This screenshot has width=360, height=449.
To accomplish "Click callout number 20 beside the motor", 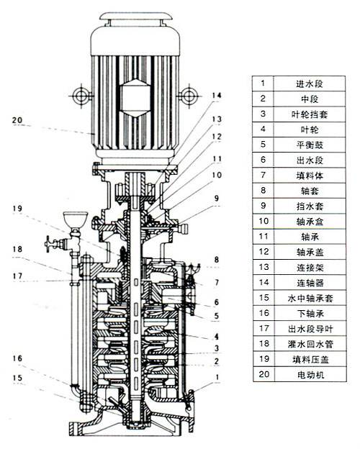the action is [17, 120].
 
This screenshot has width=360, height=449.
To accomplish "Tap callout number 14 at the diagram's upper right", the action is [217, 96].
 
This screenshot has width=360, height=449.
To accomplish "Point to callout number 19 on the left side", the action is [17, 208].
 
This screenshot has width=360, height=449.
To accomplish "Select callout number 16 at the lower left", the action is [17, 358].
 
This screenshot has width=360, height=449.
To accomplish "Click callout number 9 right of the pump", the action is [217, 198].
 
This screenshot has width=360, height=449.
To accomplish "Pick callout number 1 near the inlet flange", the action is [217, 377].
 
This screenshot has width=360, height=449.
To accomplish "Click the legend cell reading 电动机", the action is [310, 375].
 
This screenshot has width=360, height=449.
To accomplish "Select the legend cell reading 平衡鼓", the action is [310, 145].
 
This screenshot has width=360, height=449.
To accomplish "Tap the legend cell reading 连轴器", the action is [310, 283].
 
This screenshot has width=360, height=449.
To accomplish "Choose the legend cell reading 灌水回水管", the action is [310, 344].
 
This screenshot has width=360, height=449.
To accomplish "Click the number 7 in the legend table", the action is [263, 175].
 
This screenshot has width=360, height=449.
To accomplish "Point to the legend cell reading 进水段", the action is [310, 83].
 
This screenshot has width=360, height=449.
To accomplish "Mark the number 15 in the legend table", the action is [264, 297].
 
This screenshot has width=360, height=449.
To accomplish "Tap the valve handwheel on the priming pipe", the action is [49, 244].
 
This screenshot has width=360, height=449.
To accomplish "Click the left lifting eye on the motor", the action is [81, 96].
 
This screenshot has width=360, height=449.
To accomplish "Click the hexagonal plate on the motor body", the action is [135, 97].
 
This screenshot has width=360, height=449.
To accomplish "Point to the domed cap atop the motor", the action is [135, 17].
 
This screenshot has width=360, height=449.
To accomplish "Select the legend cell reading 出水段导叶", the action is [310, 329].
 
